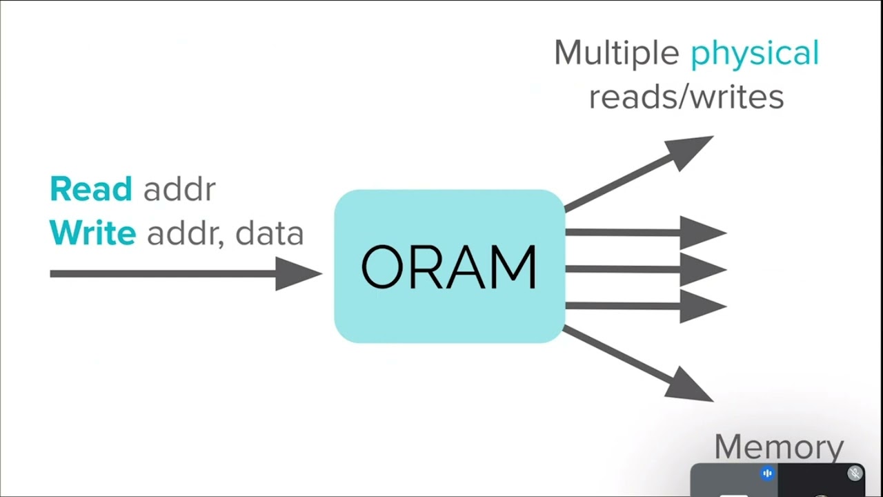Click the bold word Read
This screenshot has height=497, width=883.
[90, 188]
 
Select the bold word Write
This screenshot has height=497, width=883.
[92, 233]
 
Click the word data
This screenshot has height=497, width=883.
[270, 234]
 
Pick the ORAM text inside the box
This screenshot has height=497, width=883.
[449, 267]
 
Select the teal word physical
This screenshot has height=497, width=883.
[755, 53]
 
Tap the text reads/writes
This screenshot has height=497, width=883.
[686, 97]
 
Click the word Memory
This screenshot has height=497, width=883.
[779, 447]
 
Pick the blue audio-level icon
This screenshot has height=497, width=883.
[767, 473]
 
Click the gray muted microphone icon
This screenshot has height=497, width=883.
[855, 473]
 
